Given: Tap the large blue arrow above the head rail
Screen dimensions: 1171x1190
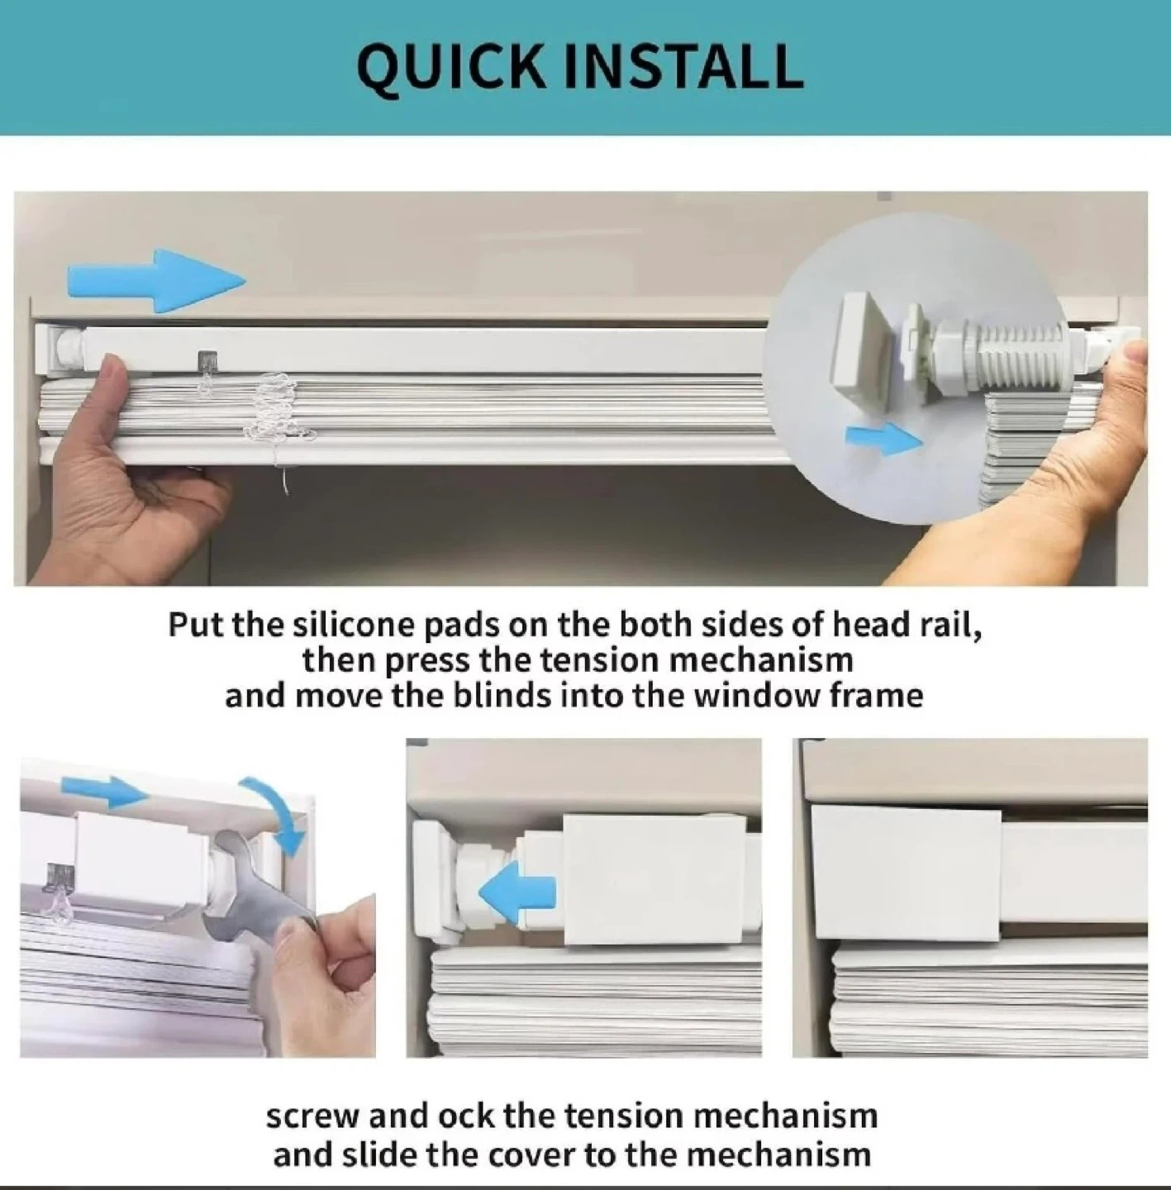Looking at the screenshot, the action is coord(157,281).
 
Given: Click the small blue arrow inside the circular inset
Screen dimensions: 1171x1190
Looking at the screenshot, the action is coord(884,440).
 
